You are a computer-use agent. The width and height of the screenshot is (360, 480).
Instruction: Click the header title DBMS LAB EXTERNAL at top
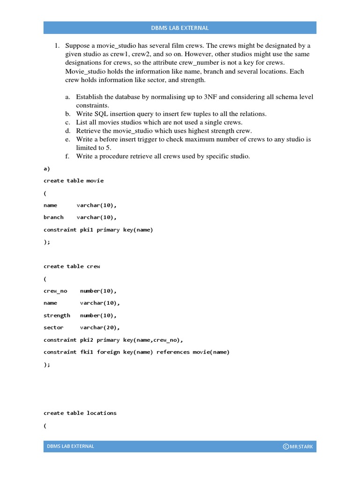tap(180, 28)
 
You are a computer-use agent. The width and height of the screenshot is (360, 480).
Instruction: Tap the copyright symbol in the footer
tap(285, 446)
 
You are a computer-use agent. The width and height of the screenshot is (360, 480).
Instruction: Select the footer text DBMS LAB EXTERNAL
tap(70, 446)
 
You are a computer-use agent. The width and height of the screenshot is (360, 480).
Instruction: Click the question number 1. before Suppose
tap(57, 46)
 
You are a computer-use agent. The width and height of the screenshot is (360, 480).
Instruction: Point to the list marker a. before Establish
tap(68, 97)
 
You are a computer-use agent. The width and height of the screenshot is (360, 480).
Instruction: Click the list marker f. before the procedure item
tap(68, 156)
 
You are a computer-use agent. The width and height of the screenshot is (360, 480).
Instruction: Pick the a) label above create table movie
tap(46, 169)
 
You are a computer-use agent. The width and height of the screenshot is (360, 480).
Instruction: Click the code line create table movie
tap(74, 180)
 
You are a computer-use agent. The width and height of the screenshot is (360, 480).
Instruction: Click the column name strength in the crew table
tap(57, 315)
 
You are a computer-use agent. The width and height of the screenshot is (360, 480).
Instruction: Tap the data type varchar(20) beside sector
tap(100, 328)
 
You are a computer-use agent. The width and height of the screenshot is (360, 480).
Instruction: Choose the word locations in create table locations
tap(102, 413)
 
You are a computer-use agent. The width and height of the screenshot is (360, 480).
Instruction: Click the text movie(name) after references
tap(211, 352)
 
